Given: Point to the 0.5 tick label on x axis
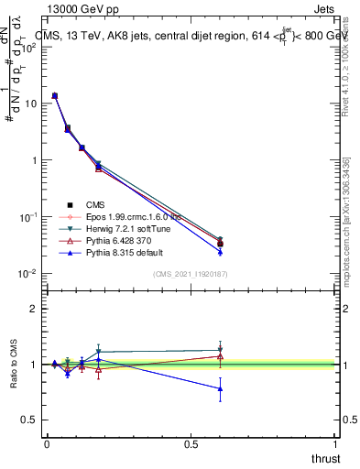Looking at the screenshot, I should click(191, 444).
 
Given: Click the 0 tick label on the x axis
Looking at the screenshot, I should click(47, 444).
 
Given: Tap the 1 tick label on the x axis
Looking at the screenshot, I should click(336, 444).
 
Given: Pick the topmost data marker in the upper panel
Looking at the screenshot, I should click(55, 95).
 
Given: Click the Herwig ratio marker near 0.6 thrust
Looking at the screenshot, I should click(220, 350).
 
